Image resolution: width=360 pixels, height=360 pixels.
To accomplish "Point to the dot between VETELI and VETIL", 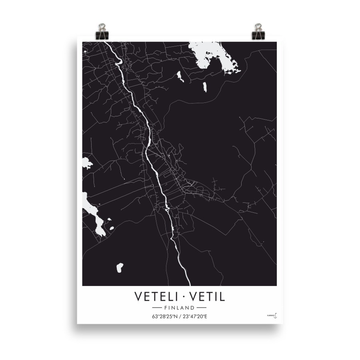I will (183, 298).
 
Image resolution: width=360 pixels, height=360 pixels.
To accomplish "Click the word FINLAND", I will (179, 308).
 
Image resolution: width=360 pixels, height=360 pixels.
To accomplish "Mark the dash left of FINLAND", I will (158, 308).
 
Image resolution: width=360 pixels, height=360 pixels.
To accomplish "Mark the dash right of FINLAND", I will (201, 308).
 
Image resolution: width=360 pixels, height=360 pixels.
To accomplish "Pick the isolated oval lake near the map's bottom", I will (119, 268).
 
